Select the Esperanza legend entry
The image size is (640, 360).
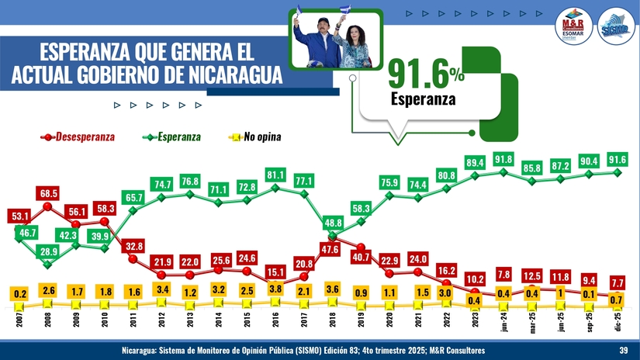click(178, 137)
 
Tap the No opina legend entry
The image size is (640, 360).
click(261, 137)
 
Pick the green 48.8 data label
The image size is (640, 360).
click(333, 223)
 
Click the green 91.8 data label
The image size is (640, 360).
click(503, 160)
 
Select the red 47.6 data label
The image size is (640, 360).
click(331, 249)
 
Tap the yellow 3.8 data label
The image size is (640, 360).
click(275, 289)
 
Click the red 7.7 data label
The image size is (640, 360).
click(618, 282)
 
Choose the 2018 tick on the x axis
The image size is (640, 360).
click(333, 318)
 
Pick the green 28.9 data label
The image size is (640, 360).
click(48, 251)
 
